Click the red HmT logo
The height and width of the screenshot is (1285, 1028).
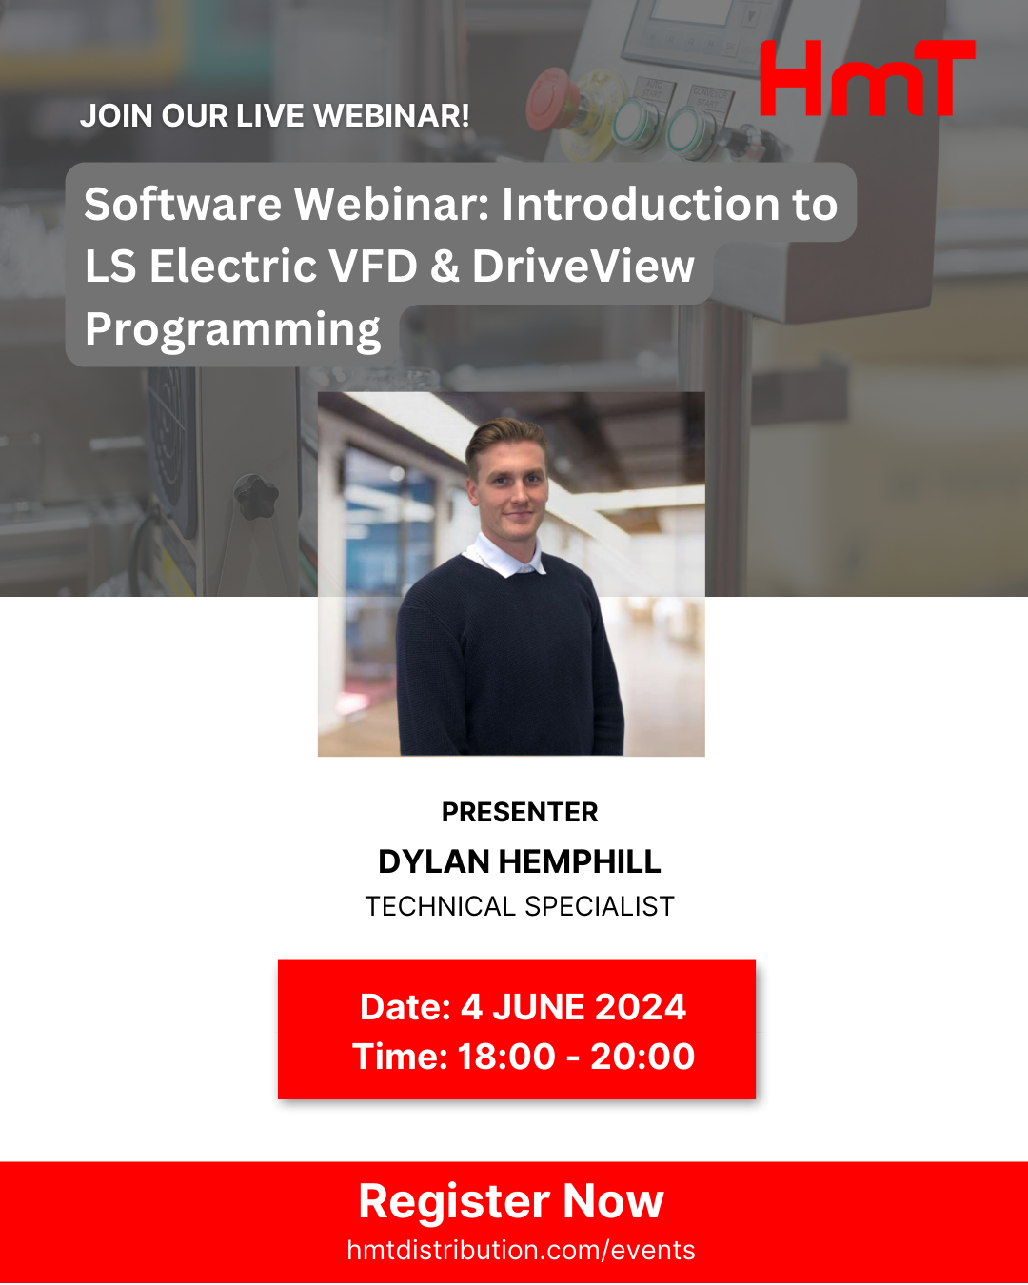pos(867,78)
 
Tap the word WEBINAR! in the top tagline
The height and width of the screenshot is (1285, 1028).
pos(391,115)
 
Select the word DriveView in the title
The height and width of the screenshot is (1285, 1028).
pos(583,266)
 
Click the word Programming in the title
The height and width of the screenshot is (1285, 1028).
pos(232,330)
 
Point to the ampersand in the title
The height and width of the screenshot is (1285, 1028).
pos(445,267)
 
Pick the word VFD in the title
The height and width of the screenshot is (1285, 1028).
pos(373,267)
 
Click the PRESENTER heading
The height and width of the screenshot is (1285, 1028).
pos(520,812)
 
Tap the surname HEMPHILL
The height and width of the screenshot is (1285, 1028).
pos(580,861)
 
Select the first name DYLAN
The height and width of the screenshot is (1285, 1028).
pos(434,861)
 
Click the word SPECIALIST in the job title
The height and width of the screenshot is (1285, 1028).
pos(600,906)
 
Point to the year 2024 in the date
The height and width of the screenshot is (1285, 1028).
pos(640,1007)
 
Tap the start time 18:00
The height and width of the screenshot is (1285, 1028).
pos(506,1057)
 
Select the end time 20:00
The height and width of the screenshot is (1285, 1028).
pos(642,1057)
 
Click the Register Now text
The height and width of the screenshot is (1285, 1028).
pos(511,1201)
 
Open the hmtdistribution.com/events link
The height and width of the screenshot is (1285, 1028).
pos(521,1250)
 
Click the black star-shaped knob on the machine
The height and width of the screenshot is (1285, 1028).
pos(256,496)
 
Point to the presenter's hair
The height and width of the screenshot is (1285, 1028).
pos(504,439)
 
